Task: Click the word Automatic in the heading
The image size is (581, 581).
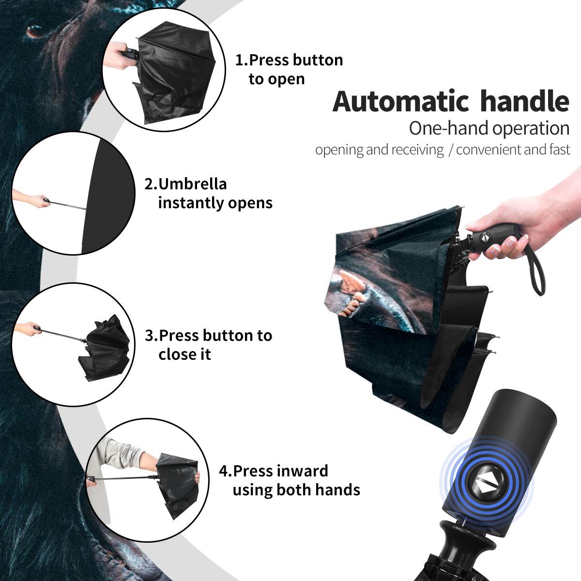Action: (401, 102)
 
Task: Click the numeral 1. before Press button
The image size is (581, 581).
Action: (241, 60)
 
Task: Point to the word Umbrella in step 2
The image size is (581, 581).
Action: (192, 184)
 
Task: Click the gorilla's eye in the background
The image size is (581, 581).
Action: (33, 31)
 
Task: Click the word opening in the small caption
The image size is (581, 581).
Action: (339, 150)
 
